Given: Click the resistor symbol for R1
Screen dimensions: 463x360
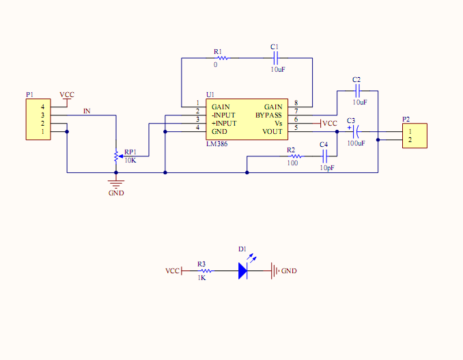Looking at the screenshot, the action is point(223,58).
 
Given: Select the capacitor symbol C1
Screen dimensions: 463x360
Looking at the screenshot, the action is point(275,58).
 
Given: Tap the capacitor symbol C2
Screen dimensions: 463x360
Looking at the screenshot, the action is point(357,91).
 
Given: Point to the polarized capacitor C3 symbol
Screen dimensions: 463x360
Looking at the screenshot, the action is point(355,132).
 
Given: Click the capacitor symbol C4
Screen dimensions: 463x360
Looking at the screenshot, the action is point(325,156).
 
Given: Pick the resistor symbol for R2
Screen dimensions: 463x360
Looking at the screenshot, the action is point(296,156).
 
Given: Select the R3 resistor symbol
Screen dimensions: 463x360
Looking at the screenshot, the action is point(206,271).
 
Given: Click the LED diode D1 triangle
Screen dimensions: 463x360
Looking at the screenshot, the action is point(242,271).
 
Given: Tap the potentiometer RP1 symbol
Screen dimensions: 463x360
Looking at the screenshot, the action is point(117,156).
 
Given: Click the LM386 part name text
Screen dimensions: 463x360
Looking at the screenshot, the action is point(216,144).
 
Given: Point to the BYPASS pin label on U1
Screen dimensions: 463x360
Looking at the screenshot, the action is point(268,115).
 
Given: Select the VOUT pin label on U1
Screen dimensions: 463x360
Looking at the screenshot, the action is point(272,132).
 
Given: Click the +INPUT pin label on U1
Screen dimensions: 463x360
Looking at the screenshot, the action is point(224,124).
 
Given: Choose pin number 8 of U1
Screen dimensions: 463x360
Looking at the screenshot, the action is point(296,102).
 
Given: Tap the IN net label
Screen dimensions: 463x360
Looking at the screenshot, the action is point(87,111).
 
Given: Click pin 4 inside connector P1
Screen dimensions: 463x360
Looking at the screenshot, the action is point(42,107).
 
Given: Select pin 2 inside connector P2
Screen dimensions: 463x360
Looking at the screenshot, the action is point(410,140).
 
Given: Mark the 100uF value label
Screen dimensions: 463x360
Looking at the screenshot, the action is point(356,143).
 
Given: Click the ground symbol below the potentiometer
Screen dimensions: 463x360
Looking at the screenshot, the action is point(116,184).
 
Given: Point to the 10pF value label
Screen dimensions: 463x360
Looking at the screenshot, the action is point(327,168).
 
